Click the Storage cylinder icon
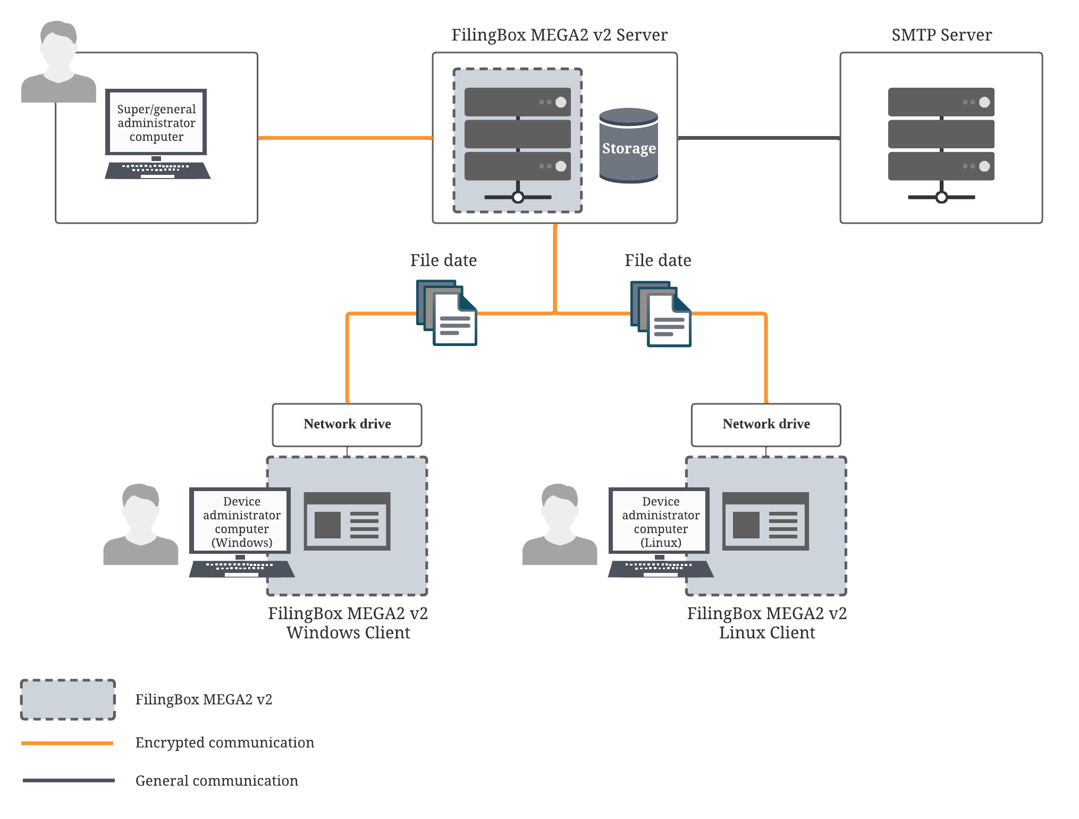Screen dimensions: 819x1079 (629, 146)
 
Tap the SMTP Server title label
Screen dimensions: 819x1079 (941, 35)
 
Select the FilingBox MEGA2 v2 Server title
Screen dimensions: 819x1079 (559, 35)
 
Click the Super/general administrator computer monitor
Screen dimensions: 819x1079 (156, 123)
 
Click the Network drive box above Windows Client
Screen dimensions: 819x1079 (347, 425)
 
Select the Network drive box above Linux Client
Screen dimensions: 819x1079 (766, 425)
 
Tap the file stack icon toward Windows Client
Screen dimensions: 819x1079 (447, 313)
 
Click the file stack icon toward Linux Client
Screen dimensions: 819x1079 (661, 314)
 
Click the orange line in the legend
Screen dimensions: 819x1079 (68, 743)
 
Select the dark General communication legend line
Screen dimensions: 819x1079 (69, 780)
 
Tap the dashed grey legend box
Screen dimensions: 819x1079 (68, 699)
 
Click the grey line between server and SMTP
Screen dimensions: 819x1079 (758, 138)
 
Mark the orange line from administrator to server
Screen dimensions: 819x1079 (345, 138)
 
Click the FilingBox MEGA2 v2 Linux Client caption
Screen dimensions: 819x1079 (766, 623)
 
